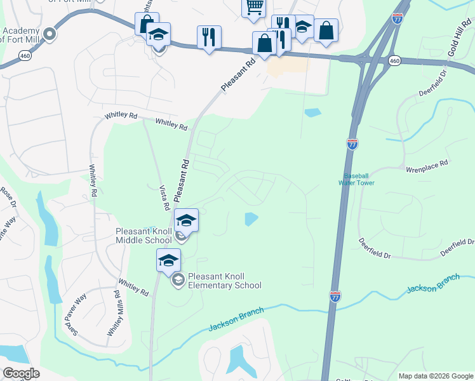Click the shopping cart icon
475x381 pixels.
pos(253,7)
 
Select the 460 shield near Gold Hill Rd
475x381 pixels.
pos(394,61)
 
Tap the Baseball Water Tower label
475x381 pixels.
pos(359,179)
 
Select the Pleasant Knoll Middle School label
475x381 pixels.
pos(144,236)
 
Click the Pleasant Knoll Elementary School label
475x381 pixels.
pos(224,281)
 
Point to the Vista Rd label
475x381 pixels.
pos(164,197)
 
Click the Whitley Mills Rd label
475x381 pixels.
pos(114,314)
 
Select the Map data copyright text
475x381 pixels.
pos(434,375)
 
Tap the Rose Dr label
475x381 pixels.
pos(8,196)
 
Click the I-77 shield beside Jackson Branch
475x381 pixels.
pos(335,296)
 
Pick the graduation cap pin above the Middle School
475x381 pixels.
pos(186,220)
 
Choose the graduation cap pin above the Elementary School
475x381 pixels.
pos(169,260)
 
